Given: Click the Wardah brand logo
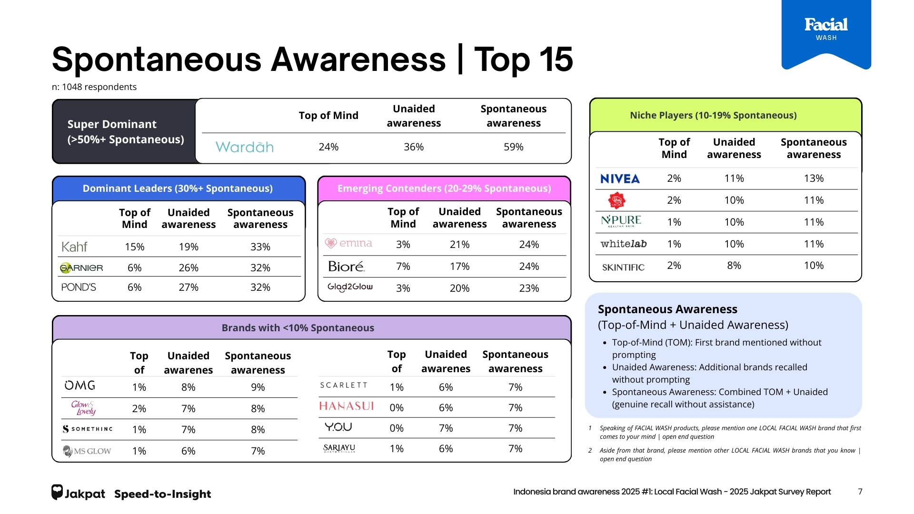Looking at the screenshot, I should [x=244, y=147].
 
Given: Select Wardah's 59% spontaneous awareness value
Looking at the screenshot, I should [x=513, y=147].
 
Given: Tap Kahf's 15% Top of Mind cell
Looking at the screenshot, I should [x=134, y=247].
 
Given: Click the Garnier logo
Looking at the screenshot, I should [x=81, y=268].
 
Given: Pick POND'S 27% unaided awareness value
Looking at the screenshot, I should [x=189, y=287].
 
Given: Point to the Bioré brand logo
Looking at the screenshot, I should [x=346, y=267].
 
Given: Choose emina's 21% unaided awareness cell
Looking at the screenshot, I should [x=459, y=245].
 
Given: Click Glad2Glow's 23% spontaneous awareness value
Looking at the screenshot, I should [x=529, y=288].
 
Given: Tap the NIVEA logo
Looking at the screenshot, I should [x=620, y=179].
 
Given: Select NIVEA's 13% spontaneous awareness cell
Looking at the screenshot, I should [x=814, y=178].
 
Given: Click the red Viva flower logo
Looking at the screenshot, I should [x=617, y=200].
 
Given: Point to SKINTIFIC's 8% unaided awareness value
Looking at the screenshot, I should [x=734, y=266].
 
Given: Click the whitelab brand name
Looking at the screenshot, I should [x=623, y=244].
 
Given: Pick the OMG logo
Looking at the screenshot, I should [x=80, y=385].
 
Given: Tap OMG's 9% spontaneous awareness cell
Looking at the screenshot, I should [x=258, y=387].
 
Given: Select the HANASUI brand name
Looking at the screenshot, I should [x=346, y=406].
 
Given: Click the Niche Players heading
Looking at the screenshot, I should [x=713, y=115].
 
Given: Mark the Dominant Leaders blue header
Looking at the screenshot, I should [x=178, y=188].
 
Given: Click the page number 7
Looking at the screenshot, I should [x=860, y=492].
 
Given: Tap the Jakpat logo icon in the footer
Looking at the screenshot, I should [x=57, y=492].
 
